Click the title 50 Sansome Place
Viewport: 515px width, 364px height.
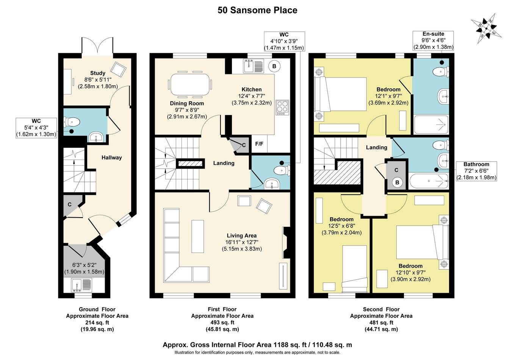click(257, 10)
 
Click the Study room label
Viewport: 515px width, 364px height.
click(98, 73)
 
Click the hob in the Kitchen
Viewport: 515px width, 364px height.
click(282, 107)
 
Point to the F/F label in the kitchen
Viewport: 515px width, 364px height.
click(259, 144)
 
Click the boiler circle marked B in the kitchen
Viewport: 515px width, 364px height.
click(274, 66)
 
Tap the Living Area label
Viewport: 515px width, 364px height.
click(242, 235)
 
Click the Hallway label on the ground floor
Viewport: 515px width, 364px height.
click(112, 158)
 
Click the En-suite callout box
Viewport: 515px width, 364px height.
click(434, 41)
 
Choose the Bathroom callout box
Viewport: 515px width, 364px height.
click(476, 171)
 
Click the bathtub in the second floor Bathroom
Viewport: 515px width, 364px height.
click(429, 181)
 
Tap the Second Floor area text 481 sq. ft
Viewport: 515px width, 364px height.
click(382, 323)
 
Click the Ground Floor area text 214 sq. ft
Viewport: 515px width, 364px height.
click(97, 323)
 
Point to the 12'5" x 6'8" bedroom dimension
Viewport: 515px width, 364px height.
click(342, 226)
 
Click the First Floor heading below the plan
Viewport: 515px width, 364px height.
click(222, 309)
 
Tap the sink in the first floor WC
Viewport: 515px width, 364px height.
click(272, 183)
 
